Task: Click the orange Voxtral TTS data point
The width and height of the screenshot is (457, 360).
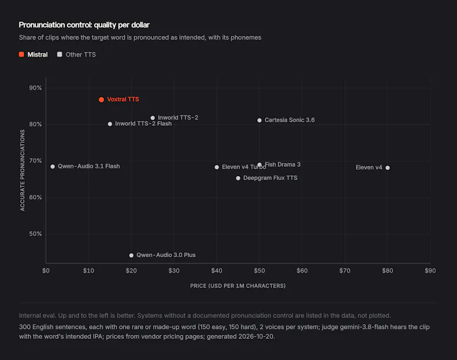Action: tap(102, 99)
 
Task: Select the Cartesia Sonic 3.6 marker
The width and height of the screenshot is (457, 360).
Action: tap(259, 121)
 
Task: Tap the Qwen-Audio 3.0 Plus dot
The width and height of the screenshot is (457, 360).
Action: tap(131, 255)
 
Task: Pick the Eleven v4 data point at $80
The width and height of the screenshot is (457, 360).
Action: tap(388, 167)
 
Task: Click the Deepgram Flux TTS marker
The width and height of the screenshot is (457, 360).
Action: tap(238, 178)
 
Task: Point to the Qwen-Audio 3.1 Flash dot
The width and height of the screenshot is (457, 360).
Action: tap(53, 167)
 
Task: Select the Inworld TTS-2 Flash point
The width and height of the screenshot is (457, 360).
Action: tap(110, 124)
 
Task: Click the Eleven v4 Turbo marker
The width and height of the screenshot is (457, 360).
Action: tap(217, 167)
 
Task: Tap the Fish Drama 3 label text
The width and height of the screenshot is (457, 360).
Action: tap(282, 165)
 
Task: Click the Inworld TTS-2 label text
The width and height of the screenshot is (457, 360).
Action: tap(178, 118)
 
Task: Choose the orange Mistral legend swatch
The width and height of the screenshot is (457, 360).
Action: tap(22, 54)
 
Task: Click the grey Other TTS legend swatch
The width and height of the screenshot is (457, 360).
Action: tap(60, 54)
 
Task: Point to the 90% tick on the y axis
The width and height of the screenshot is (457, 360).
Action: tap(35, 88)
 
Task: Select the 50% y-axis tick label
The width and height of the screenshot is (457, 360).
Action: tap(35, 234)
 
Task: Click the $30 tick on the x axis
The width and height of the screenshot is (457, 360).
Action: tap(174, 271)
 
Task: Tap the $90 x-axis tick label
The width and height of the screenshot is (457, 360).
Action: tap(430, 271)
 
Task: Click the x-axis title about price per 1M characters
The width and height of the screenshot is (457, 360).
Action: tap(238, 286)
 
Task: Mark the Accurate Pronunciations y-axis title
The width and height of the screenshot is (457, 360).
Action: tap(22, 170)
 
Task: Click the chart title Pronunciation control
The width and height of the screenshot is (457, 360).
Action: tap(84, 25)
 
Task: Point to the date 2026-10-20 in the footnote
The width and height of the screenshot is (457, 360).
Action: tap(256, 337)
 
